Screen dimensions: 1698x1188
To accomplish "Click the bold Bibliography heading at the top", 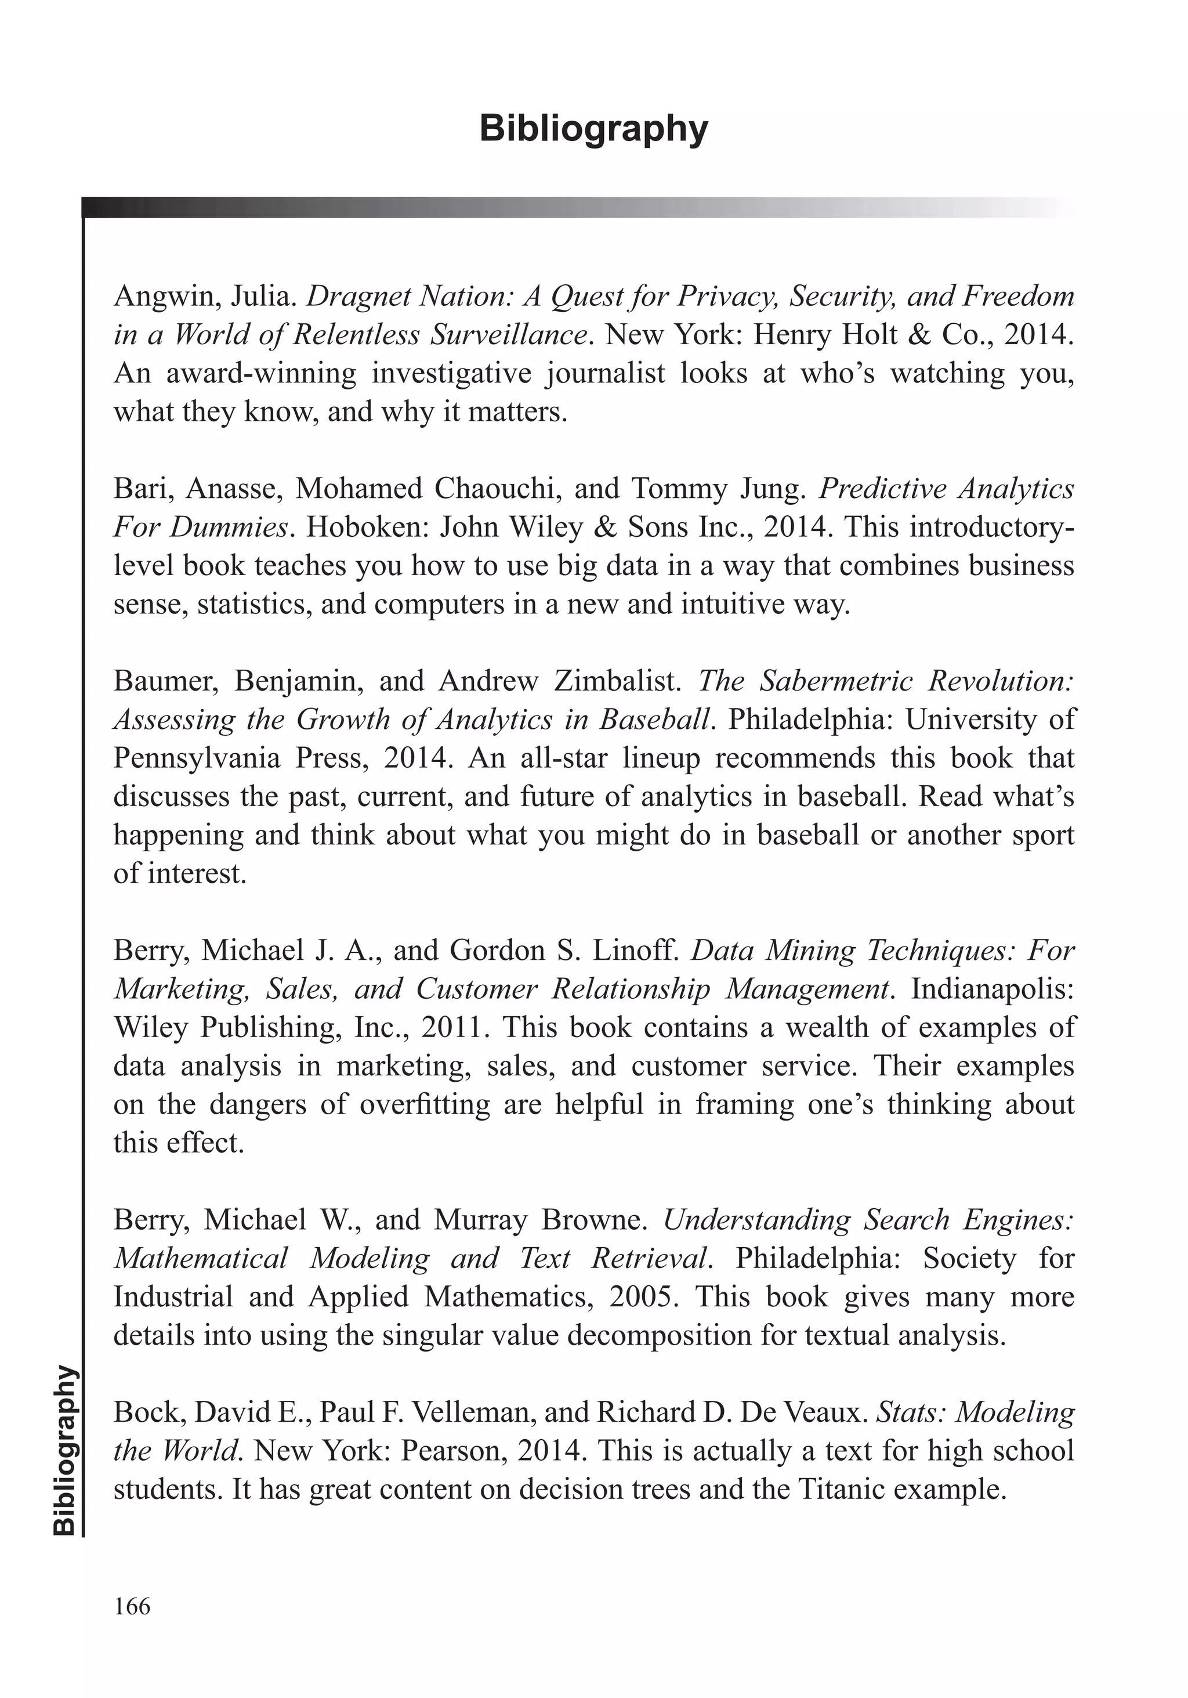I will (593, 129).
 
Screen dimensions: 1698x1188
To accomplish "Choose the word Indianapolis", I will (992, 989).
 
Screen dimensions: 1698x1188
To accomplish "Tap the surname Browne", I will (595, 1219).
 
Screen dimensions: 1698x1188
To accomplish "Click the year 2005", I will (643, 1296).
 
